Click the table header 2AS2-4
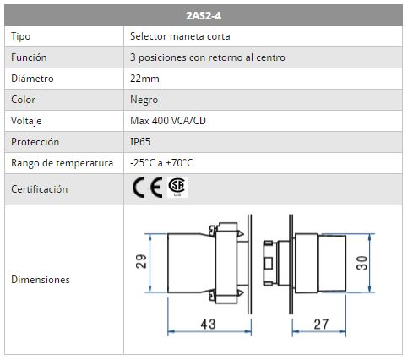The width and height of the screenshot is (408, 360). click(x=204, y=16)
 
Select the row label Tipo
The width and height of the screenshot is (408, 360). click(x=20, y=36)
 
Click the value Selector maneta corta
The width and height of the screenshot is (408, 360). click(x=180, y=36)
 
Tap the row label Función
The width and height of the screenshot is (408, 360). click(x=29, y=57)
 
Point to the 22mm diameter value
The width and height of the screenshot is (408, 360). click(x=144, y=79)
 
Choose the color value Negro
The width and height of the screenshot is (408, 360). click(x=144, y=100)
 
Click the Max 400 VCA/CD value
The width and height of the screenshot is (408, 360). click(x=168, y=121)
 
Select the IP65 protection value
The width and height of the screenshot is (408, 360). click(x=140, y=142)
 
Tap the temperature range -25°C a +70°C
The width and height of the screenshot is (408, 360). click(x=161, y=163)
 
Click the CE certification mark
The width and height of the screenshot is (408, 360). click(x=147, y=188)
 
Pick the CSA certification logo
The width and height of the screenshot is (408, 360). click(x=177, y=187)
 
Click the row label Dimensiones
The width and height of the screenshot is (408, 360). click(x=41, y=280)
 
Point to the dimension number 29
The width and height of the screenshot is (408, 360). click(x=141, y=261)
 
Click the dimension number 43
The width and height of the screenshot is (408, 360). click(x=208, y=325)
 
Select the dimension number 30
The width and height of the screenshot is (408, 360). click(x=362, y=263)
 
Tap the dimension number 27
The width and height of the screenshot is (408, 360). click(x=321, y=325)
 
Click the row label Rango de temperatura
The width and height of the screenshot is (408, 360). click(x=62, y=163)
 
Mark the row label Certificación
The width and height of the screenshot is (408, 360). click(x=39, y=189)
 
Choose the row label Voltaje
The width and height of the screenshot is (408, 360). click(x=26, y=121)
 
